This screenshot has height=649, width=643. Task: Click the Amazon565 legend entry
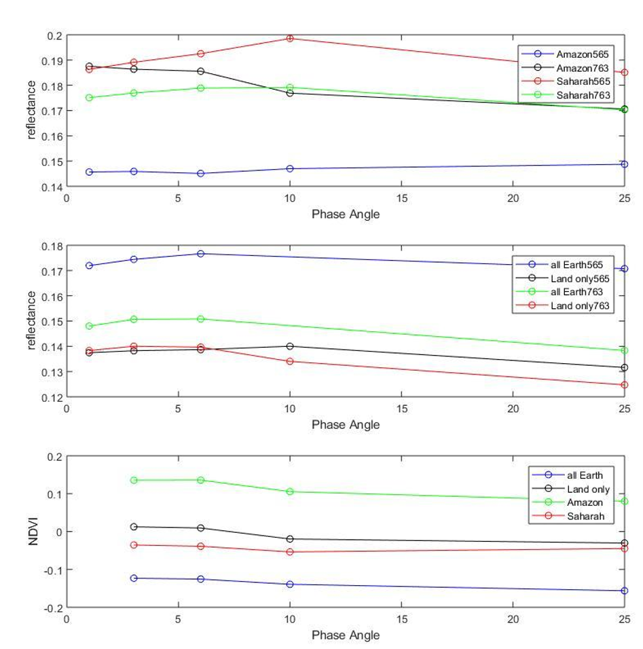pos(565,54)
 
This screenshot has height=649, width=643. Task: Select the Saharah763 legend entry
pos(566,95)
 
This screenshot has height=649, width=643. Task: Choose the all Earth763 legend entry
pos(559,292)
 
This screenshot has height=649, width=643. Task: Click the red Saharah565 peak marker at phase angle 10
pos(290,39)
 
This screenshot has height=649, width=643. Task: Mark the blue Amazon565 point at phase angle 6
pos(200,173)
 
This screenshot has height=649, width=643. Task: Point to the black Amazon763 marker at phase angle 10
pos(290,93)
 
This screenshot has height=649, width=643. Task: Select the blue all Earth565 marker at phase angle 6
pos(200,253)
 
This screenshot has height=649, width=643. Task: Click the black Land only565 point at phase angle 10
pos(290,346)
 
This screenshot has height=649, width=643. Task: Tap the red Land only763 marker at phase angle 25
pos(625,385)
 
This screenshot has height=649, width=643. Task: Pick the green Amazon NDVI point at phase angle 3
pos(134,480)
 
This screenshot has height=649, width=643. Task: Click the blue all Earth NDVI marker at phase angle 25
pos(625,591)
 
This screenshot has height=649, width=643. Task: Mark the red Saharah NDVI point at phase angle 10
pos(290,552)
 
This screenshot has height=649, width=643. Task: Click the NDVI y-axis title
pos(33,532)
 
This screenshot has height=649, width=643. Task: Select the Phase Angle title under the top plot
pos(346,215)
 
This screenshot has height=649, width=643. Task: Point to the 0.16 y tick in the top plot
pos(52,136)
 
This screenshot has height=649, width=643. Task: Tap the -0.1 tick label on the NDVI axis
pos(53,570)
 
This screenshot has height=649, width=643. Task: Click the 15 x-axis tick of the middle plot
pos(401,409)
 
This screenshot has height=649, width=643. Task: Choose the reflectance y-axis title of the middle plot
pos(31,320)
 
